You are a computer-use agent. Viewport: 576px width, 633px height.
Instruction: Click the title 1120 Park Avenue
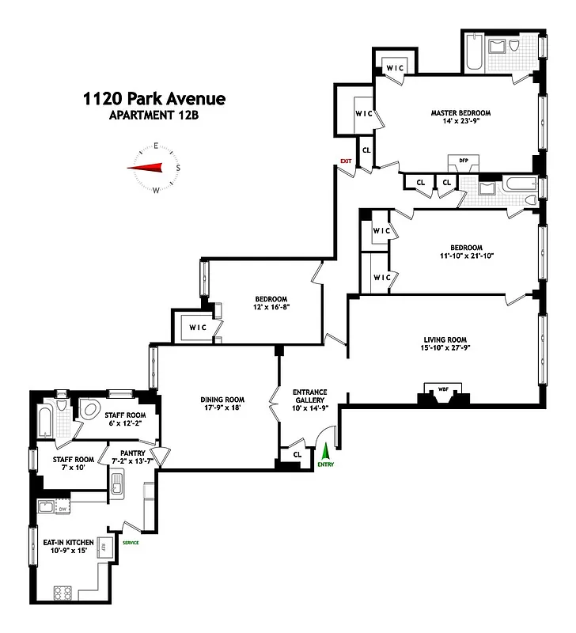(x=154, y=99)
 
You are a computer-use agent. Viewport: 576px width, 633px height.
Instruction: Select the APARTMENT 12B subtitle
(x=154, y=116)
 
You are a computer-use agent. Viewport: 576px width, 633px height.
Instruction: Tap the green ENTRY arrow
(x=324, y=452)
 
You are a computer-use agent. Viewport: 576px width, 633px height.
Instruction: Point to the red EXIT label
(x=346, y=161)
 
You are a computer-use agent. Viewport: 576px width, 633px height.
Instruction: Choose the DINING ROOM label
(x=222, y=400)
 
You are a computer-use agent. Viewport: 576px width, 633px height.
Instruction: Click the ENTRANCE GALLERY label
(x=309, y=396)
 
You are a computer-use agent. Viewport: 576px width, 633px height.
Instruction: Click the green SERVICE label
(x=131, y=542)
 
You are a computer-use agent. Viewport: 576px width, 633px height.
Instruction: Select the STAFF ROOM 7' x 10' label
(x=74, y=464)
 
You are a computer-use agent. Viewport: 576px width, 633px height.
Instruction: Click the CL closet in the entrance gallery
(x=297, y=454)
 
